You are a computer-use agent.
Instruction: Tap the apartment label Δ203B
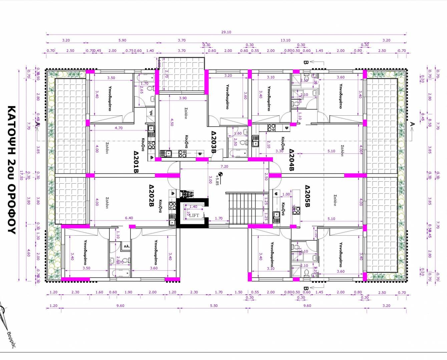pos(213,142)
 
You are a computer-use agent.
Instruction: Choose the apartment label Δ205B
pos(307,196)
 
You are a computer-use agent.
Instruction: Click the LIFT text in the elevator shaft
pos(194,215)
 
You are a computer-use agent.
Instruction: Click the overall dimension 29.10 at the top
pos(226,32)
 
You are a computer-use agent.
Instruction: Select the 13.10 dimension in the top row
pos(285,40)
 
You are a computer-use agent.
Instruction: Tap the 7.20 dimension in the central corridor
pos(225,166)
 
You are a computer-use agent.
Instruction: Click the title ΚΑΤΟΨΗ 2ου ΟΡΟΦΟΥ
pos(11,170)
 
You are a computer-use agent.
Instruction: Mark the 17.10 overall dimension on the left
pos(21,175)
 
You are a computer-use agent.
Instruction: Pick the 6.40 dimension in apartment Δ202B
pos(129,218)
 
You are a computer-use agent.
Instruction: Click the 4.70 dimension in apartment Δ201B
pos(118,128)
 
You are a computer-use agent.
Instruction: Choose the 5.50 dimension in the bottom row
pos(213,306)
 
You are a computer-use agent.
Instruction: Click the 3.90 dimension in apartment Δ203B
pos(182,98)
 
